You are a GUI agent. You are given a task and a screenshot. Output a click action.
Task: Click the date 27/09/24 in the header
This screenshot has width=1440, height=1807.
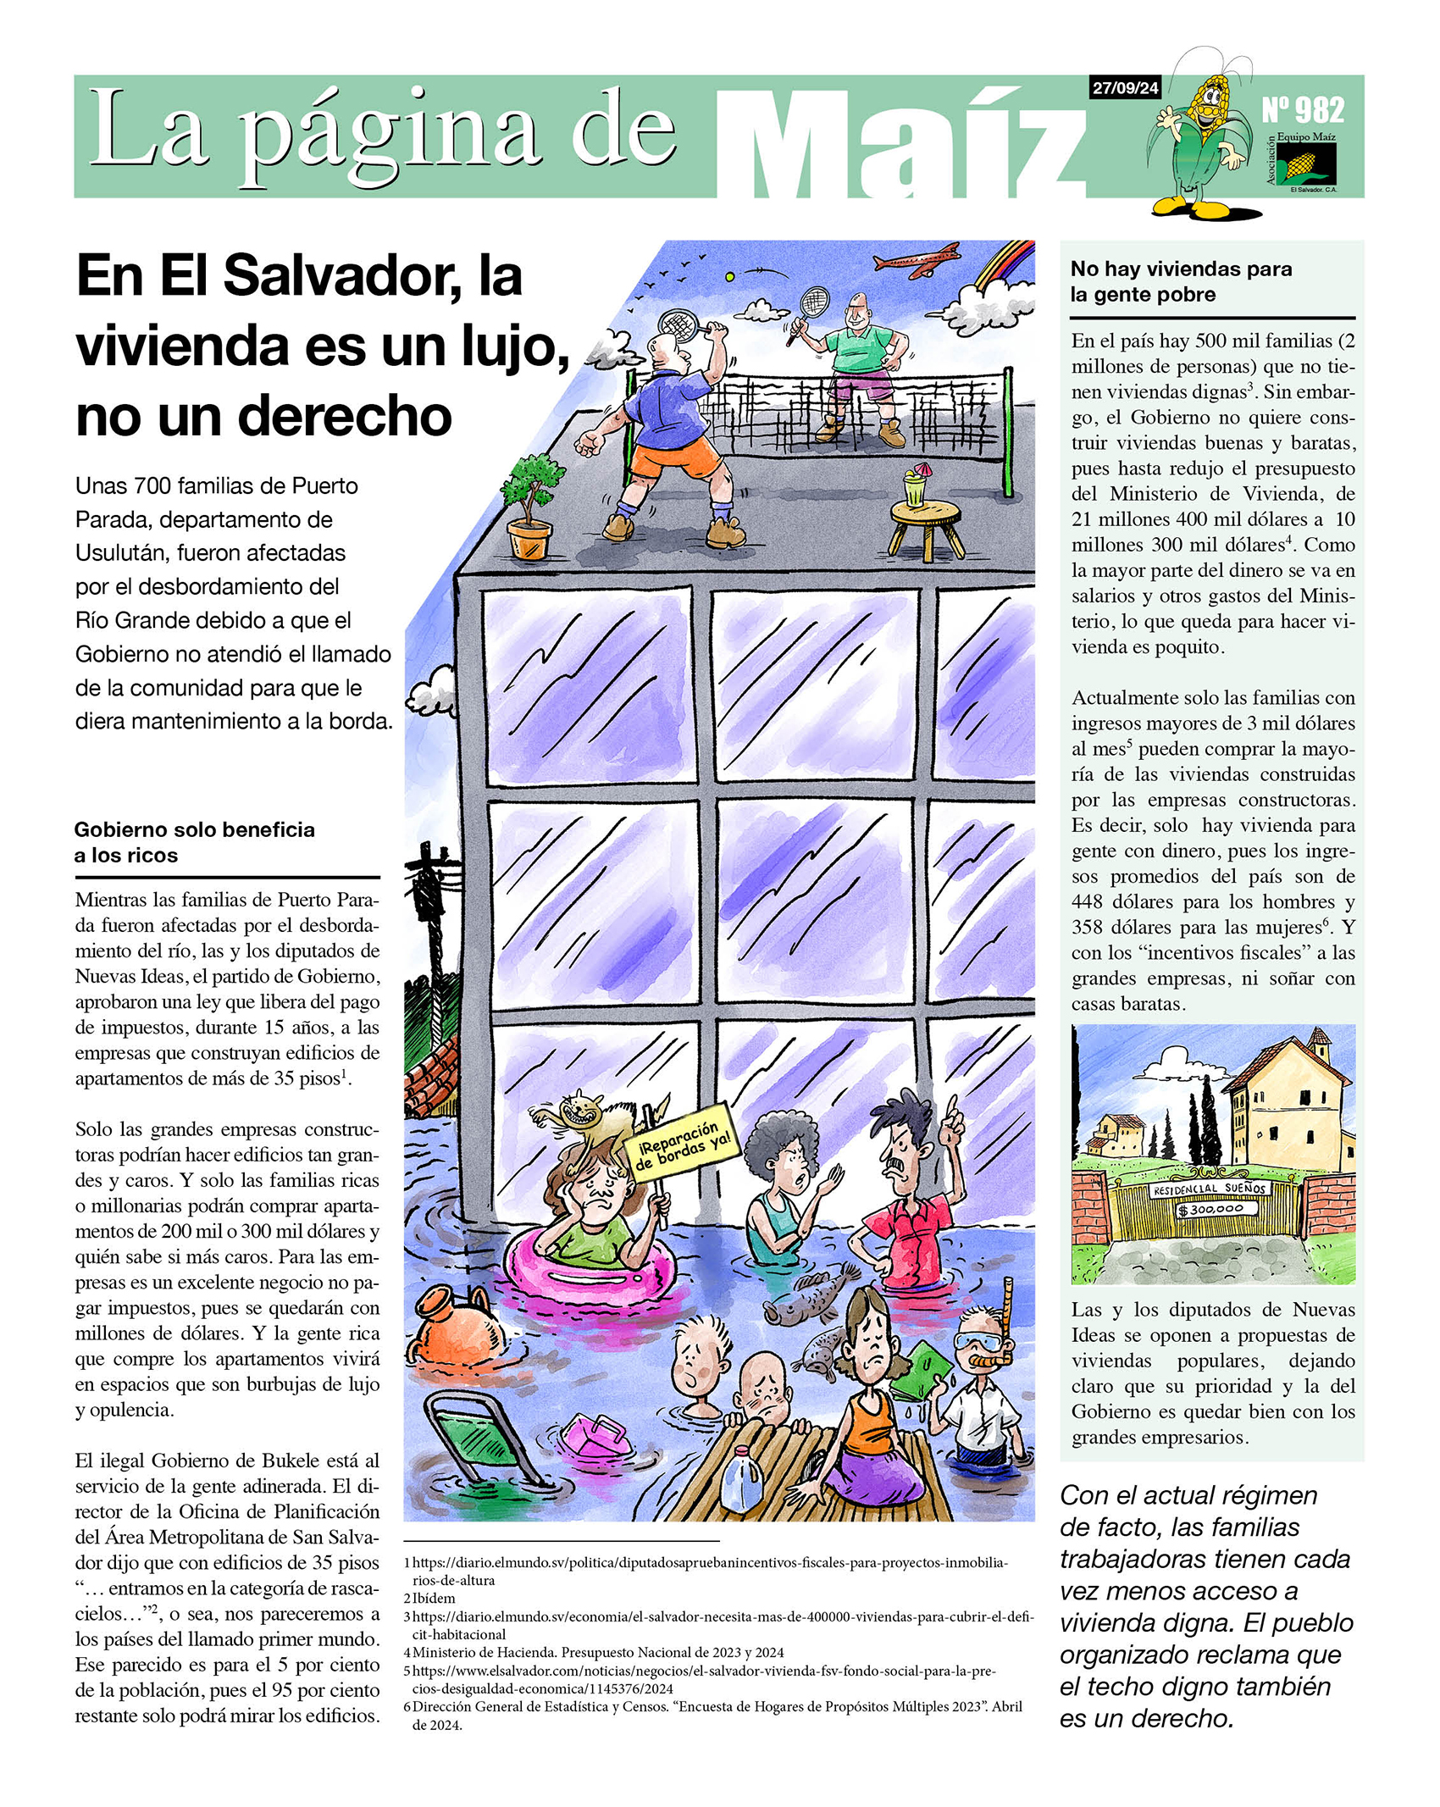click(x=1124, y=87)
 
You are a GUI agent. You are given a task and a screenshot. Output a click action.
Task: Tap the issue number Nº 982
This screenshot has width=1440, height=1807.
click(x=1302, y=110)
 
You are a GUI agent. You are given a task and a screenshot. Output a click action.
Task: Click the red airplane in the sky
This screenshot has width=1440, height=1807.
click(x=917, y=258)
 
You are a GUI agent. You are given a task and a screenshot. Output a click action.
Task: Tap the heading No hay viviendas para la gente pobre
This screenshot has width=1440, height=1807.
click(x=1181, y=281)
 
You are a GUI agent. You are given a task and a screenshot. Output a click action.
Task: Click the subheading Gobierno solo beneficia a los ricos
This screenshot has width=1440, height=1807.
click(x=194, y=841)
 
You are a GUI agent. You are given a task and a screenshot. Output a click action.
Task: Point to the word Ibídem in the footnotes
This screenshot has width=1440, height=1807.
click(x=434, y=1598)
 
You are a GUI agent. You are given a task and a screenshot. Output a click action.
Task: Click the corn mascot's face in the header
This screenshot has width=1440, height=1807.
click(x=1209, y=98)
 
